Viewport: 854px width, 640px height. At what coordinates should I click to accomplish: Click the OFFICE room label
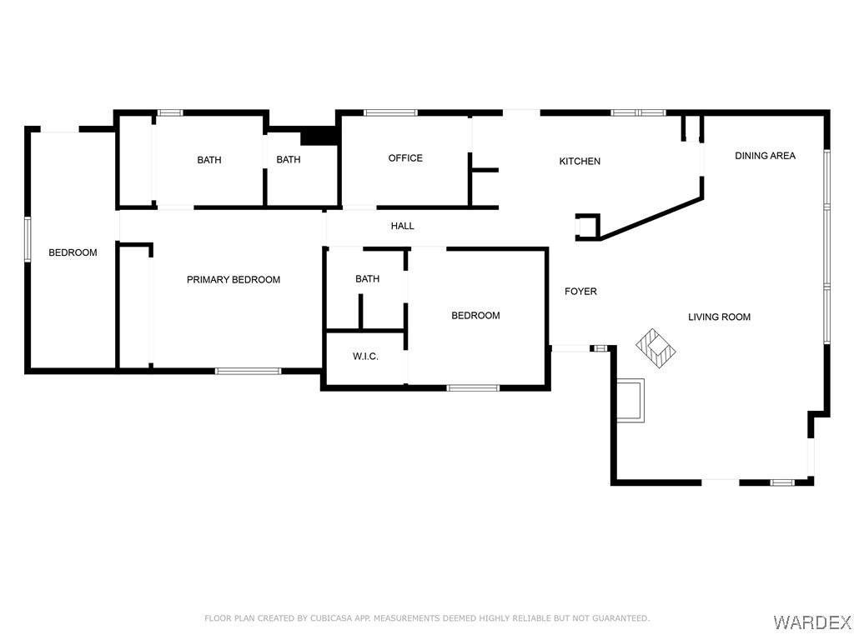pyautogui.click(x=405, y=157)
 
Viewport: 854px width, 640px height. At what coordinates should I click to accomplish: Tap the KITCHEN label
pyautogui.click(x=580, y=161)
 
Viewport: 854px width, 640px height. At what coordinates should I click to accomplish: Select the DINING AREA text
pyautogui.click(x=765, y=156)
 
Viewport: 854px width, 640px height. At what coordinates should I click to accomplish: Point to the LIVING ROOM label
pyautogui.click(x=719, y=317)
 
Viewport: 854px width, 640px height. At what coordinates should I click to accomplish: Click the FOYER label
pyautogui.click(x=580, y=291)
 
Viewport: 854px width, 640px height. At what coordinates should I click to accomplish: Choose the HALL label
pyautogui.click(x=403, y=226)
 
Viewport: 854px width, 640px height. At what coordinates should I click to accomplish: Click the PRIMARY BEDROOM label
pyautogui.click(x=234, y=280)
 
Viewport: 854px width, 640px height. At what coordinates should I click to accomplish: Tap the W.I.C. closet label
pyautogui.click(x=365, y=357)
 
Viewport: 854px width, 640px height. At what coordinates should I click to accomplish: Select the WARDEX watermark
pyautogui.click(x=811, y=621)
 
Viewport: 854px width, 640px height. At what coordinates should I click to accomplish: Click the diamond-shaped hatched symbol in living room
pyautogui.click(x=656, y=349)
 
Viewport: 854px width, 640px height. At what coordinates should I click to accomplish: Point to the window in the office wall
pyautogui.click(x=390, y=113)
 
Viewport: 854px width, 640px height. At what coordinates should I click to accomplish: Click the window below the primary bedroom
pyautogui.click(x=248, y=371)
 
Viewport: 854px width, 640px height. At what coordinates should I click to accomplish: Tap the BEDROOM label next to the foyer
pyautogui.click(x=475, y=316)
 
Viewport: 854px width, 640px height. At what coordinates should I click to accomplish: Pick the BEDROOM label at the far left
pyautogui.click(x=73, y=252)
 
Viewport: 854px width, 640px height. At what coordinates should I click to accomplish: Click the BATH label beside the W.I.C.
pyautogui.click(x=368, y=278)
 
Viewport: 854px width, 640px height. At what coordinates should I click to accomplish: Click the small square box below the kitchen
pyautogui.click(x=588, y=227)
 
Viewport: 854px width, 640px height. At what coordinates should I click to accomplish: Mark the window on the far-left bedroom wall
pyautogui.click(x=28, y=239)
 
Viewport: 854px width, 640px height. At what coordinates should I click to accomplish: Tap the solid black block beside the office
pyautogui.click(x=319, y=136)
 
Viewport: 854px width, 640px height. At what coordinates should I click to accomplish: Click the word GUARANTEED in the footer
pyautogui.click(x=620, y=618)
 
